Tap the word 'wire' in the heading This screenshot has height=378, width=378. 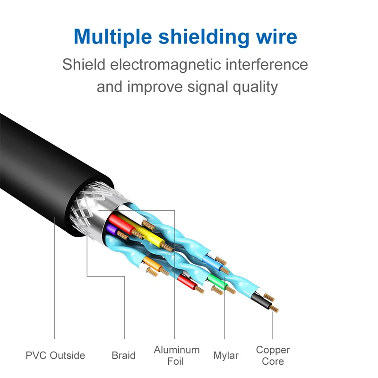(x=279, y=36)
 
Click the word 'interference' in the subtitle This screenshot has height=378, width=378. (x=271, y=64)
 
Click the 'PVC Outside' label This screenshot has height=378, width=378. (x=55, y=355)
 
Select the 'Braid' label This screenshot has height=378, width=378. (x=124, y=355)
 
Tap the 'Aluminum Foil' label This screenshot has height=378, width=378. (x=177, y=355)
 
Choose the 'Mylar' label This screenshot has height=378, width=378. (x=226, y=355)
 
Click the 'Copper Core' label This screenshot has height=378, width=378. (x=273, y=355)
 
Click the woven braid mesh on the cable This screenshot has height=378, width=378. (x=87, y=208)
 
